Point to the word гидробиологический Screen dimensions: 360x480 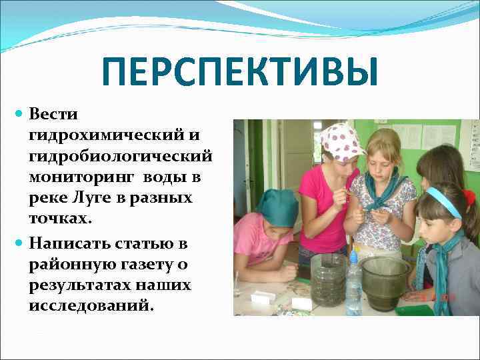(121, 157)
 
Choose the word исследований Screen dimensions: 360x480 (91, 305)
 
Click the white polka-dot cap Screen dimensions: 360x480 (341, 141)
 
